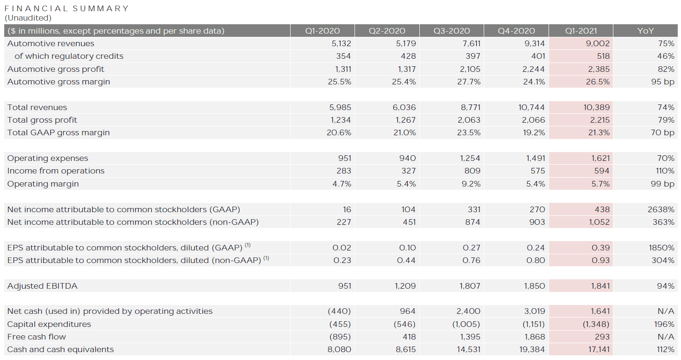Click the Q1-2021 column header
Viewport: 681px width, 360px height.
pyautogui.click(x=581, y=31)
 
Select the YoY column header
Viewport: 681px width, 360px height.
pyautogui.click(x=646, y=31)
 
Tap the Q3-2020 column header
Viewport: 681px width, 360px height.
pyautogui.click(x=452, y=31)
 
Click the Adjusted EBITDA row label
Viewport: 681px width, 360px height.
pyautogui.click(x=42, y=286)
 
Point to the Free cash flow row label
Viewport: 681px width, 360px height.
pyautogui.click(x=36, y=337)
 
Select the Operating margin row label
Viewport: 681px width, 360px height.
pyautogui.click(x=43, y=184)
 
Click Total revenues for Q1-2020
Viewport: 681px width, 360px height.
pyautogui.click(x=340, y=107)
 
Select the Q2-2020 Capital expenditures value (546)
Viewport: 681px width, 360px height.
pyautogui.click(x=405, y=324)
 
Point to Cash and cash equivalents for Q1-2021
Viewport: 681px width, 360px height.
pyautogui.click(x=597, y=349)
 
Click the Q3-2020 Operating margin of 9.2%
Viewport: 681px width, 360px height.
pyautogui.click(x=471, y=184)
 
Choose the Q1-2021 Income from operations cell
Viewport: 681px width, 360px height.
pyautogui.click(x=602, y=171)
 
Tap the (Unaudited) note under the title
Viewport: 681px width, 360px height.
pyautogui.click(x=28, y=18)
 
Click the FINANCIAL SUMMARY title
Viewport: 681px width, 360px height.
pyautogui.click(x=66, y=8)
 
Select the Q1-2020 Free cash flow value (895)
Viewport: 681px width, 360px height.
pyautogui.click(x=340, y=337)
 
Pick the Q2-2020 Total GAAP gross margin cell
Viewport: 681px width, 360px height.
pyautogui.click(x=404, y=132)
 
